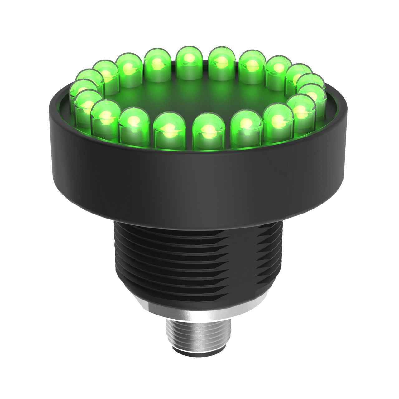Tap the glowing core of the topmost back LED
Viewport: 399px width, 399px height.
(188, 58)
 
